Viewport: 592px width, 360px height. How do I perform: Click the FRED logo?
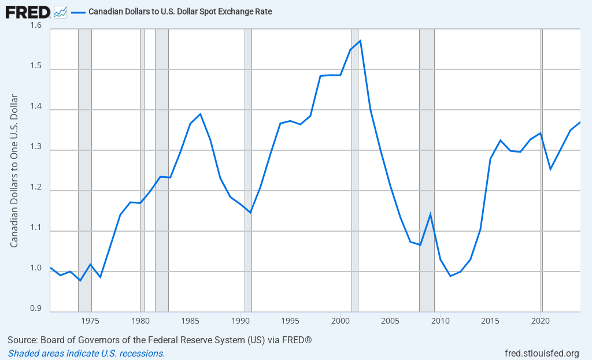[x=27, y=11]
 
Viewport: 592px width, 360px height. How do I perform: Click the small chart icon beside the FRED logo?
[x=60, y=11]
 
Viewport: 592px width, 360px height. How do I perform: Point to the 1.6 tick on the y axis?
[x=36, y=26]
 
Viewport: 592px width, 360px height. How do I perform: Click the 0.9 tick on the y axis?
[x=36, y=309]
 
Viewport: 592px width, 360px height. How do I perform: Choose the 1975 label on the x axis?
[x=90, y=320]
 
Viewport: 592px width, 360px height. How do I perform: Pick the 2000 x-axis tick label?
[x=341, y=320]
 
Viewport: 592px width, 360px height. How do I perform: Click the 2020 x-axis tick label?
[x=541, y=320]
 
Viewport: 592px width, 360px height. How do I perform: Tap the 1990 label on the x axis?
[x=240, y=320]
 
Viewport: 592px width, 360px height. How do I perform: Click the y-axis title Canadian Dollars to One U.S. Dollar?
[x=14, y=170]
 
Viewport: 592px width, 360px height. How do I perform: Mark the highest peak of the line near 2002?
[x=360, y=40]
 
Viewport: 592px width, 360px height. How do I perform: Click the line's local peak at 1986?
[x=200, y=114]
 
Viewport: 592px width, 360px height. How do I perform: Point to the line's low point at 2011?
[x=450, y=276]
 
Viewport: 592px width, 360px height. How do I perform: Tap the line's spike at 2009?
[x=430, y=214]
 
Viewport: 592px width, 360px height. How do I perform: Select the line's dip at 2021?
[x=550, y=169]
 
